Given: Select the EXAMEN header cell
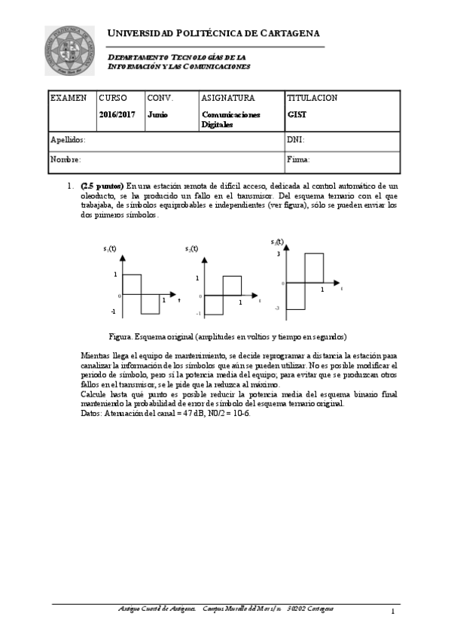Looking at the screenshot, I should point(68,98).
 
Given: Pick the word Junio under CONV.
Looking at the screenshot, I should point(157,115).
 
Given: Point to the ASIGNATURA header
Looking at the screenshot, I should point(228,98).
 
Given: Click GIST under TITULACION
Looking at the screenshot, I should point(296,115).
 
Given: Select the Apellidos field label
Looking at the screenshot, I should point(68,140).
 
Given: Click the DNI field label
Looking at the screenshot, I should point(295,140).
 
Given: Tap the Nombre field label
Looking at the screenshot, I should point(66,159).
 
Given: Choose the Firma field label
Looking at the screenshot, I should point(298,159).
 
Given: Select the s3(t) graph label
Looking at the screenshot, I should point(277,242).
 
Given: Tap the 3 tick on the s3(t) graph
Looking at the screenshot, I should point(278,254).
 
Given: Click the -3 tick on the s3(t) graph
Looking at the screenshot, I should point(276,308).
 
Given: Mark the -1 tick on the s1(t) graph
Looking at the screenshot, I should point(113,311).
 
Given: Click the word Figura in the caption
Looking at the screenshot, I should point(120,336).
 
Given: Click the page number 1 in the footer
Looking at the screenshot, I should point(393,612).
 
